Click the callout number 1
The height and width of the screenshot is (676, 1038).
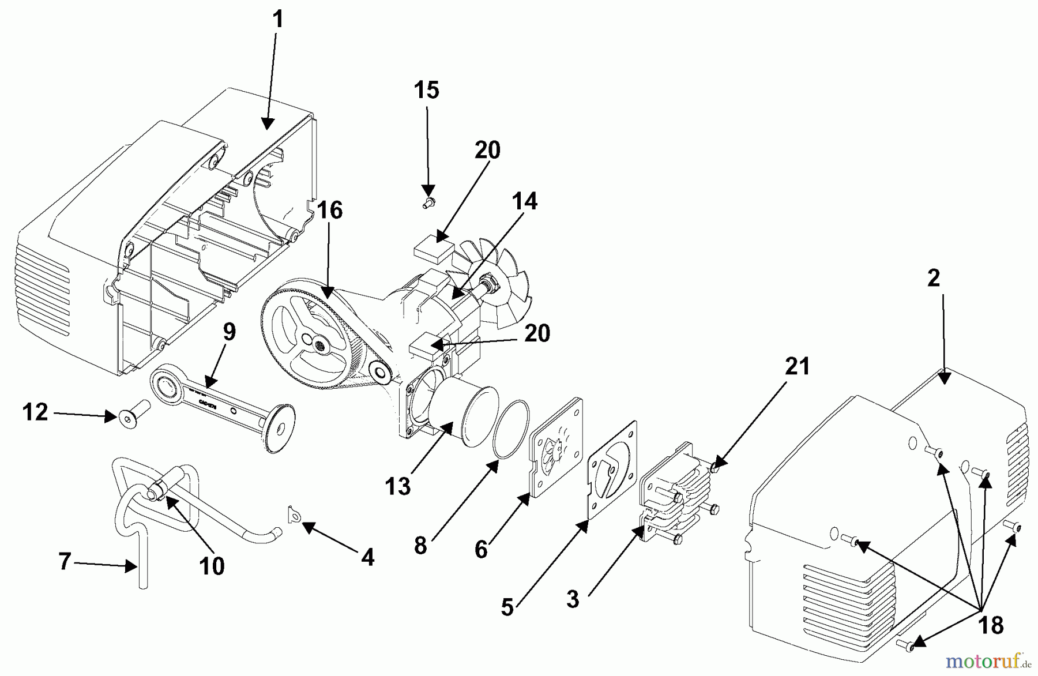pyautogui.click(x=278, y=20)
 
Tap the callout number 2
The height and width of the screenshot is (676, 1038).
pyautogui.click(x=934, y=279)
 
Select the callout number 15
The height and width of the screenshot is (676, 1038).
pyautogui.click(x=427, y=90)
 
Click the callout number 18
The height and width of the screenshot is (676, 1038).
pyautogui.click(x=991, y=625)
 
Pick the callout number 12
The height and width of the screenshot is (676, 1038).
pyautogui.click(x=35, y=413)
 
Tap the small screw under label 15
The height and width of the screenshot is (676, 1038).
pyautogui.click(x=428, y=202)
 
